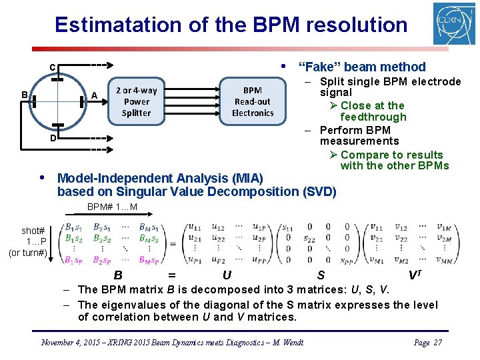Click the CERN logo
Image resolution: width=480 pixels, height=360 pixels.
click(454, 23)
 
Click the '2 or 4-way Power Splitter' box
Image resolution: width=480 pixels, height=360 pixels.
click(136, 101)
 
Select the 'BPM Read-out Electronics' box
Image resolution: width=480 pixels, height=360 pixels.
click(253, 101)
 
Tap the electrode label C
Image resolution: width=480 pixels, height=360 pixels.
click(52, 67)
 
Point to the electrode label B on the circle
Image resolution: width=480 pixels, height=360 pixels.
click(24, 95)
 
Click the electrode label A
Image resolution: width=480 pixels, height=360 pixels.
click(95, 95)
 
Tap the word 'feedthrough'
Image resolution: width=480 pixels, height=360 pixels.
click(373, 117)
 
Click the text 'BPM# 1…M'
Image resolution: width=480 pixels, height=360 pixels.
click(113, 207)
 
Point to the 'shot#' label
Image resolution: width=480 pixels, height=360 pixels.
click(33, 231)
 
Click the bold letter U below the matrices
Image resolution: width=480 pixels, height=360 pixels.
click(227, 275)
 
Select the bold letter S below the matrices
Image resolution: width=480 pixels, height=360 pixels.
click(321, 275)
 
